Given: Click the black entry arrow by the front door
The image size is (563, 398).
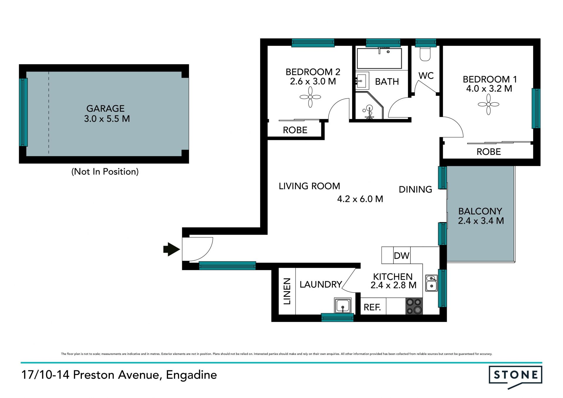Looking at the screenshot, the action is click(172, 249).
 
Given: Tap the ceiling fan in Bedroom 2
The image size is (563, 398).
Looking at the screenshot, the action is click(310, 97).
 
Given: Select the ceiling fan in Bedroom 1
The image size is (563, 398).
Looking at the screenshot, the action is click(489, 104).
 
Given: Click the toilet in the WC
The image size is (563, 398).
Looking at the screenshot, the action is click(425, 53).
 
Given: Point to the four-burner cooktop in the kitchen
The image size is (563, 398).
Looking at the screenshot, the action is click(414, 306).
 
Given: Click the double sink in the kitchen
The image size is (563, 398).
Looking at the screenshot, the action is click(431, 283).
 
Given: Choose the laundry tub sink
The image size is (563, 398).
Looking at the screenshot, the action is click(342, 305).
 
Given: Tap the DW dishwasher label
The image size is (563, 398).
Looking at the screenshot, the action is click(401, 255).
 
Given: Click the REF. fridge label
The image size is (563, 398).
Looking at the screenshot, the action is click(372, 307).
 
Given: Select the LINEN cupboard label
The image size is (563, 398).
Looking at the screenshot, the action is click(287, 291).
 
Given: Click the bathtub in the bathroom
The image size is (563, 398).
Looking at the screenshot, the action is click(379, 58).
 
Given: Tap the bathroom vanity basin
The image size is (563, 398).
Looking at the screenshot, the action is click(361, 81).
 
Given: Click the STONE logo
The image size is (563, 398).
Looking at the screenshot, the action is click(515, 376).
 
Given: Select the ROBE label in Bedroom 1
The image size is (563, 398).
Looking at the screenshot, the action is click(489, 152).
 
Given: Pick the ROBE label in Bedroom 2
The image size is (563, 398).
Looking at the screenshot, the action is click(295, 130).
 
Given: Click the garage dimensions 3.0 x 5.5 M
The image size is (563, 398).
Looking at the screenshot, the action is click(107, 118).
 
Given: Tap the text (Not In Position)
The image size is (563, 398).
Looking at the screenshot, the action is click(105, 172).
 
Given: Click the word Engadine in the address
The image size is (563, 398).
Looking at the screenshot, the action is click(191, 375).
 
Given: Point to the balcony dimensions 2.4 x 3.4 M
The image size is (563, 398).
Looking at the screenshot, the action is click(481, 221).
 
